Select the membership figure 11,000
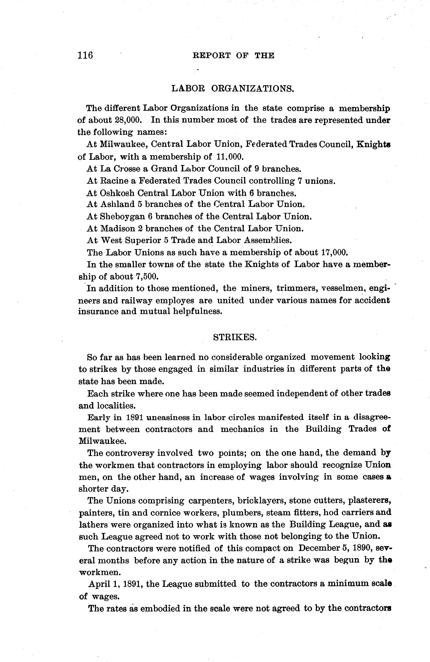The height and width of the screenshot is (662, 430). click(x=230, y=157)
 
